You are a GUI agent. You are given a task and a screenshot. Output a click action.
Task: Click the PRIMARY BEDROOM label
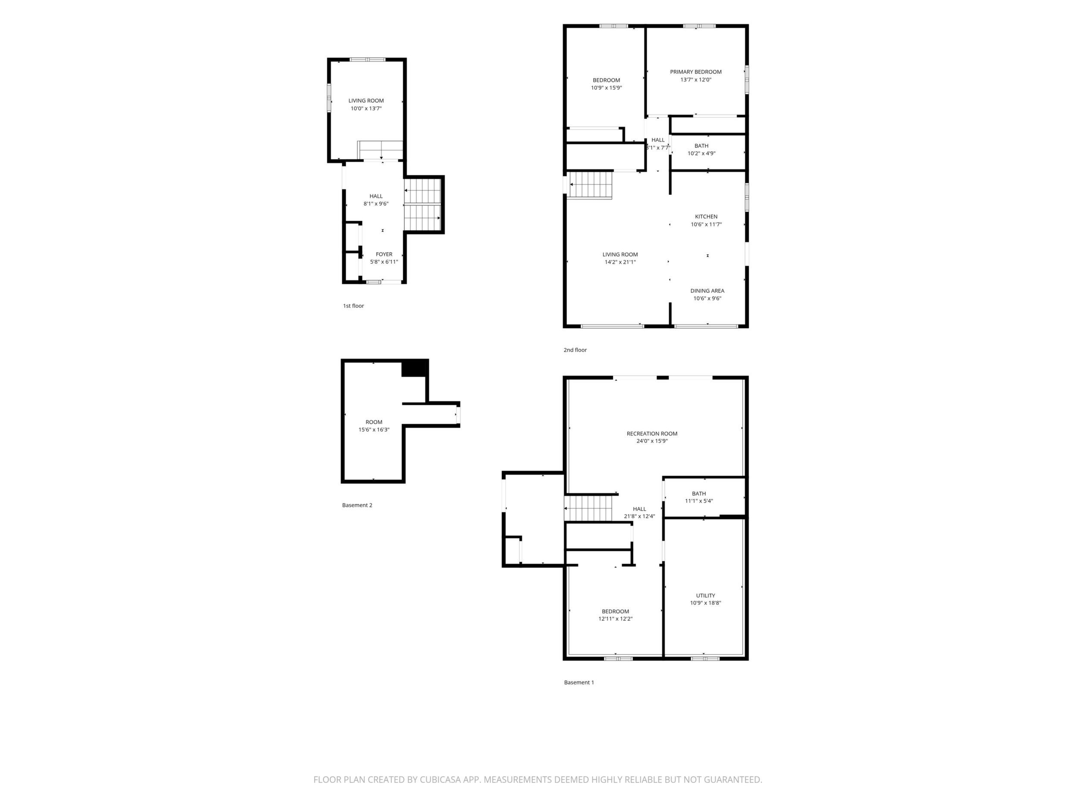coord(696,72)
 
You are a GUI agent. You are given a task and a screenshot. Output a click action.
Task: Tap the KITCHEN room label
coord(706,217)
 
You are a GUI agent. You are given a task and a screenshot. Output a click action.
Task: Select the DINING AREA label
coord(707,291)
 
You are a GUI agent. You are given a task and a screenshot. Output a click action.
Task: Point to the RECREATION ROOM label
coord(652,433)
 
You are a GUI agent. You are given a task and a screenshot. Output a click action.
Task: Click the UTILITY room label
coord(705,595)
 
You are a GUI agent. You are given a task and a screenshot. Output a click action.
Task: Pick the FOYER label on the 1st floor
coord(384,254)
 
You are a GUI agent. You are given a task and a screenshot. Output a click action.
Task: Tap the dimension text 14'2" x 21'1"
coord(620,262)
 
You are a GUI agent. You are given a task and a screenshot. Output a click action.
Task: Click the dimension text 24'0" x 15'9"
coord(652,441)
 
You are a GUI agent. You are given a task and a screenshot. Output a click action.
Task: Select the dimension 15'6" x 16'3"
coord(374,430)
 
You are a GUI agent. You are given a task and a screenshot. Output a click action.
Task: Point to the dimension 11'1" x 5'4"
coord(699,501)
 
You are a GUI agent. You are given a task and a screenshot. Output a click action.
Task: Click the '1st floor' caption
coord(353,306)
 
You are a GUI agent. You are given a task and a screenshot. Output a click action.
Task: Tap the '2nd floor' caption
coord(576,350)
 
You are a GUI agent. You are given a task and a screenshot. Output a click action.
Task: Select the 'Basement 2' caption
coord(357,505)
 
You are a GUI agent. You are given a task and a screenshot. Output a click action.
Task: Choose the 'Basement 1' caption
coord(579,682)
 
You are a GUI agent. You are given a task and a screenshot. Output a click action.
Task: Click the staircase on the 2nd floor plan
coord(590,185)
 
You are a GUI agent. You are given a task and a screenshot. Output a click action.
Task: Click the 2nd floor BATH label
coord(701,146)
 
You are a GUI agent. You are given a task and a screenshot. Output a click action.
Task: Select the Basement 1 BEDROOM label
coord(615,611)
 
